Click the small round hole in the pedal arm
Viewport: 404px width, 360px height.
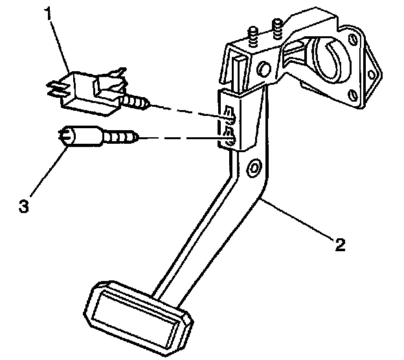click(x=251, y=168)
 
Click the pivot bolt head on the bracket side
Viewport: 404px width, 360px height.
click(x=264, y=67)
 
